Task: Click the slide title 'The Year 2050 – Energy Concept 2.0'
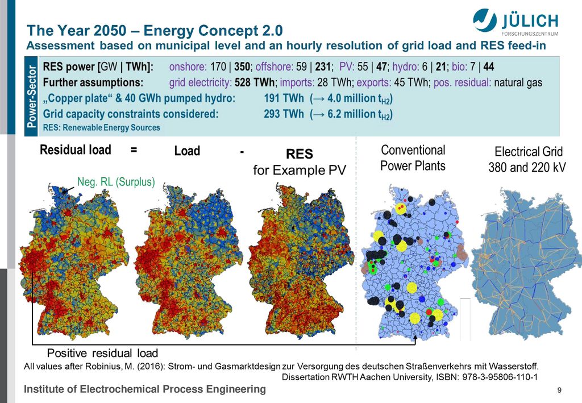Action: click(155, 31)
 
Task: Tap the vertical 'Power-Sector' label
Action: click(32, 97)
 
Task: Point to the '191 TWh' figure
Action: click(284, 98)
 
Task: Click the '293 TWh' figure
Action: click(284, 114)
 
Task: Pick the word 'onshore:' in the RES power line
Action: click(188, 67)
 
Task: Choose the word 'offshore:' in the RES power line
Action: click(275, 67)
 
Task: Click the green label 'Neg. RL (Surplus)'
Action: click(116, 182)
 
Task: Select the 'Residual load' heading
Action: click(76, 149)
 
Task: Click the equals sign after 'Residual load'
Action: click(134, 150)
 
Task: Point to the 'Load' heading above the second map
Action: click(187, 151)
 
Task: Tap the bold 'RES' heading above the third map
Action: click(299, 153)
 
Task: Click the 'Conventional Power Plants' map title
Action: click(413, 157)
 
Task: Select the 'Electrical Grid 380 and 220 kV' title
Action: click(527, 160)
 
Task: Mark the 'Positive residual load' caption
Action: click(102, 352)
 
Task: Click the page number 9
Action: click(559, 390)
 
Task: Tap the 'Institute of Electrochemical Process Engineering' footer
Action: click(145, 389)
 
